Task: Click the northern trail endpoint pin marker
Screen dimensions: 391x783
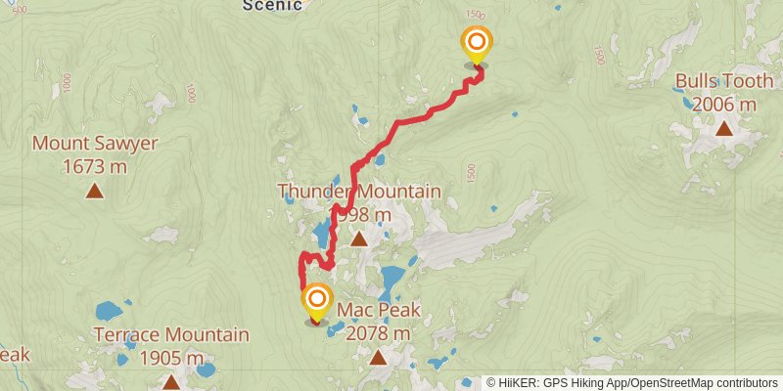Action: tap(477, 44)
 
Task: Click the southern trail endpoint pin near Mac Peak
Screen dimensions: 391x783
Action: tap(317, 300)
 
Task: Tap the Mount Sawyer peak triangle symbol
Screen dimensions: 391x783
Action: tap(95, 192)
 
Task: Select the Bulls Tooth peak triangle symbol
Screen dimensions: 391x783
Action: tap(724, 128)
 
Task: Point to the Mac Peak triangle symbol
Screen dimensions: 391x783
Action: tap(379, 358)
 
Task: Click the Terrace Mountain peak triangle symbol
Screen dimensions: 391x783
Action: tap(171, 382)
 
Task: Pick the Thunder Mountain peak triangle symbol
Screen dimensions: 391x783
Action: tap(359, 239)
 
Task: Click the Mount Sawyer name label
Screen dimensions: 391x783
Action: tap(95, 145)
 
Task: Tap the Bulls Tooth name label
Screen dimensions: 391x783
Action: tap(723, 82)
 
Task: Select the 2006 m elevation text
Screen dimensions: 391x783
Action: tap(723, 105)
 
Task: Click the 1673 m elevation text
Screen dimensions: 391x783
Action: tap(95, 167)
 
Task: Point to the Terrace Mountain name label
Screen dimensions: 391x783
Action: tap(171, 335)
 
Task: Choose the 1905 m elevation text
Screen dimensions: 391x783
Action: tap(171, 358)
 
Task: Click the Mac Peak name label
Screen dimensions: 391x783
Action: tap(379, 311)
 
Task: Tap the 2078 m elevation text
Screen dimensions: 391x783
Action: tap(379, 333)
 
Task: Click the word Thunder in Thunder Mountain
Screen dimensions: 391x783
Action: tap(312, 192)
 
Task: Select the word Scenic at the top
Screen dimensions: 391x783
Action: tap(273, 5)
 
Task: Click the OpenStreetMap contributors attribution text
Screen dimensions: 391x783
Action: tap(701, 383)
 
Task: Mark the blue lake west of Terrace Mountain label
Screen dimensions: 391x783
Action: tap(109, 312)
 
